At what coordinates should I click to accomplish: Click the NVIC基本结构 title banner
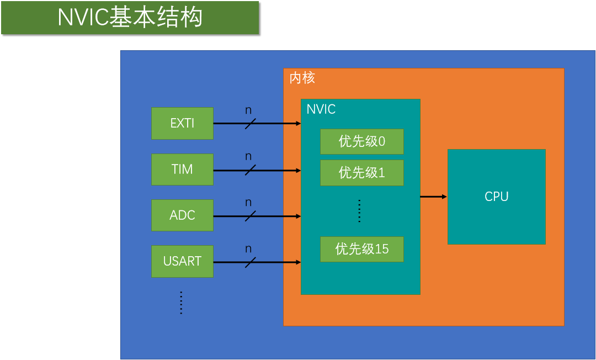coord(130,18)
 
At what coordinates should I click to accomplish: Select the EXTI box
coord(182,123)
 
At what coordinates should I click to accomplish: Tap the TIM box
coord(182,169)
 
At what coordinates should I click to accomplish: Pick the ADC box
coord(182,215)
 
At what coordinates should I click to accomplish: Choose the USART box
coord(182,261)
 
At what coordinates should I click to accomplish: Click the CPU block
coord(496,197)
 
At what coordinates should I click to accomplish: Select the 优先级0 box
coord(361,142)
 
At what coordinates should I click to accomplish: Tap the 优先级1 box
coord(361,173)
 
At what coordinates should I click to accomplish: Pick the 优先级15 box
coord(361,249)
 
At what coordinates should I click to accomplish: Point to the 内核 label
coord(302,78)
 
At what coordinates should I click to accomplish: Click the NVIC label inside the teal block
coord(321,109)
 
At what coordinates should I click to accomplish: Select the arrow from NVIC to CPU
coord(433,197)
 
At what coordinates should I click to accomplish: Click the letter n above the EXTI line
coord(248,110)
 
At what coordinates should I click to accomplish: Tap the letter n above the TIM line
coord(248,157)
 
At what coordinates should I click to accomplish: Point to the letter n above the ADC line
coord(248,203)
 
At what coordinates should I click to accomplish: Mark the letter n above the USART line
coord(248,249)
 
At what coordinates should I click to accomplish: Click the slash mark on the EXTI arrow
coord(250,124)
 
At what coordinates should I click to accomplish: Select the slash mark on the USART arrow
coord(250,262)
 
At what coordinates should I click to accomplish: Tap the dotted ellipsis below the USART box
coord(181,303)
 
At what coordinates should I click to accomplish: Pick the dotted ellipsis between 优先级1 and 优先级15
coord(359,211)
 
